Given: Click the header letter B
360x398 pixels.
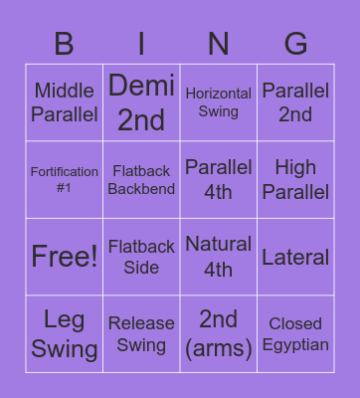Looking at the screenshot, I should (65, 43).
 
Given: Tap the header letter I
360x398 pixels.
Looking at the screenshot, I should (141, 43).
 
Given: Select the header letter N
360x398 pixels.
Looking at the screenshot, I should (219, 43).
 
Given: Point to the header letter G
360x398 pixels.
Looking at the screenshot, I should (295, 43).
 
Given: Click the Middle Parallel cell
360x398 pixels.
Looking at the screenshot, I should (65, 102).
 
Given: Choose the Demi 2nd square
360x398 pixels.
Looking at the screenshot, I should (141, 102).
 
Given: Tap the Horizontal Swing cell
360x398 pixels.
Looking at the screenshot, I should (219, 102).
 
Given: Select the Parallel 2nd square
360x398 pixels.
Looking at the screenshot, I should (295, 102).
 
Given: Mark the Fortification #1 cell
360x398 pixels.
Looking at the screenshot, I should (65, 180).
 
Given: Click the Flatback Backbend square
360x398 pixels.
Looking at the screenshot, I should (141, 180).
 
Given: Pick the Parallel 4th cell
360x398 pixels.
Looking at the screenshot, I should (219, 180).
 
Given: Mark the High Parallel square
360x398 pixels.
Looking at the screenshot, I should (295, 180).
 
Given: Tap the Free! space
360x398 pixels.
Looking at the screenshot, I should (65, 257).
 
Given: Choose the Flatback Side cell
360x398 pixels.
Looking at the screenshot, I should (141, 257).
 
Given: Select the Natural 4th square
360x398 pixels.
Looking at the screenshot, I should (219, 257).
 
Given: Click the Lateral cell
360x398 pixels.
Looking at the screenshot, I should (295, 257).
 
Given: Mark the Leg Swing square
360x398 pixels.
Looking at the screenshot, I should (65, 334).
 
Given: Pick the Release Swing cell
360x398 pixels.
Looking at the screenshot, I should (141, 334).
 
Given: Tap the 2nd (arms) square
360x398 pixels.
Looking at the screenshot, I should (219, 334).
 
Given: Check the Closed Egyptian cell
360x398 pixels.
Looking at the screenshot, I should (295, 334).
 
